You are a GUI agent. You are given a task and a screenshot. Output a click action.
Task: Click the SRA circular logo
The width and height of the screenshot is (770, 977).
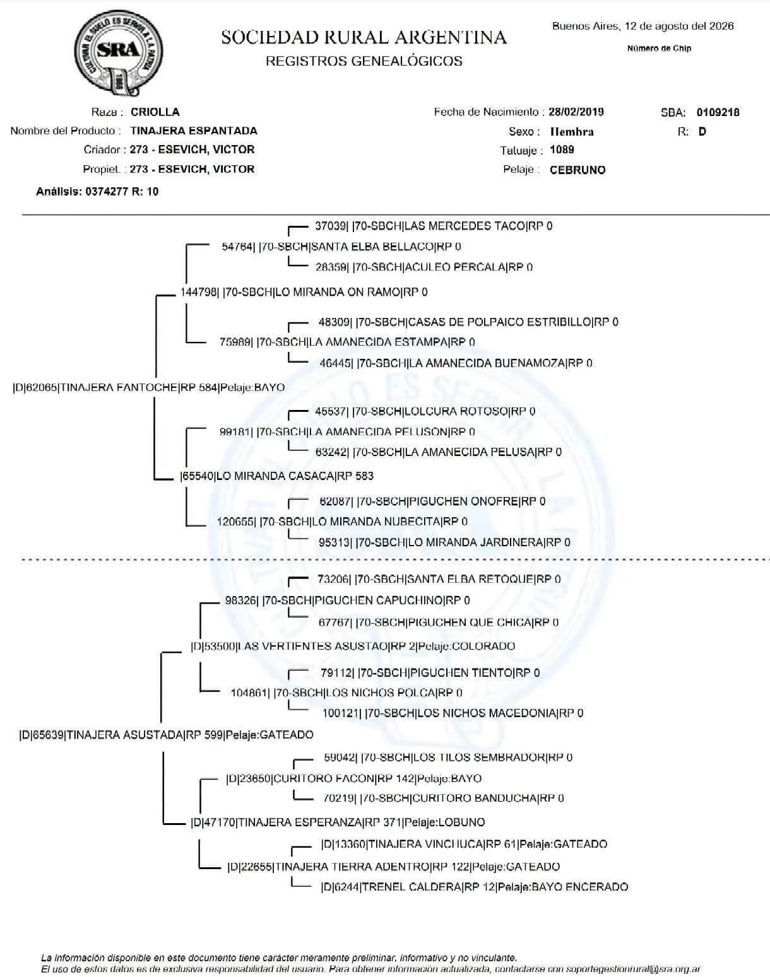tap(118, 53)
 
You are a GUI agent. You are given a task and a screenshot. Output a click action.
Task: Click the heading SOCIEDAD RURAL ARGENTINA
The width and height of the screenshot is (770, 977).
tap(364, 37)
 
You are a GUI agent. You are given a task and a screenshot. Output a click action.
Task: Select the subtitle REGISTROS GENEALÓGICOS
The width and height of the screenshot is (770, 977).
tap(364, 61)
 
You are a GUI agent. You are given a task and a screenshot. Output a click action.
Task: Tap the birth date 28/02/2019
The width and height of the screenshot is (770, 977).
tap(576, 112)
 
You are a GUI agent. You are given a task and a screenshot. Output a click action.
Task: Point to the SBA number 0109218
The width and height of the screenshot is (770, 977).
tap(718, 113)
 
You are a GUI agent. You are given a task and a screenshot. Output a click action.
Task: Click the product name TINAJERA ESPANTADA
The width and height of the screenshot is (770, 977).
tap(194, 131)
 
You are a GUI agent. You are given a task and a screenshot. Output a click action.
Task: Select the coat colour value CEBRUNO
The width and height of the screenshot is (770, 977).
tap(577, 170)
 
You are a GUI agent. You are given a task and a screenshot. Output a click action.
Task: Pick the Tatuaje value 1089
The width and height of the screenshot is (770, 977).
tap(562, 150)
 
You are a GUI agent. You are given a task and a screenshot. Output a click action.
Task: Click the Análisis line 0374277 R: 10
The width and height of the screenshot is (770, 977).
tap(97, 192)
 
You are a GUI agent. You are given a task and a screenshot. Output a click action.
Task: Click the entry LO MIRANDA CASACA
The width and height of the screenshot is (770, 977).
tap(276, 476)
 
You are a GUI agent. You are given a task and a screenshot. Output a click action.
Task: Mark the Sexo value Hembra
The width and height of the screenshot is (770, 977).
tap(571, 132)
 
